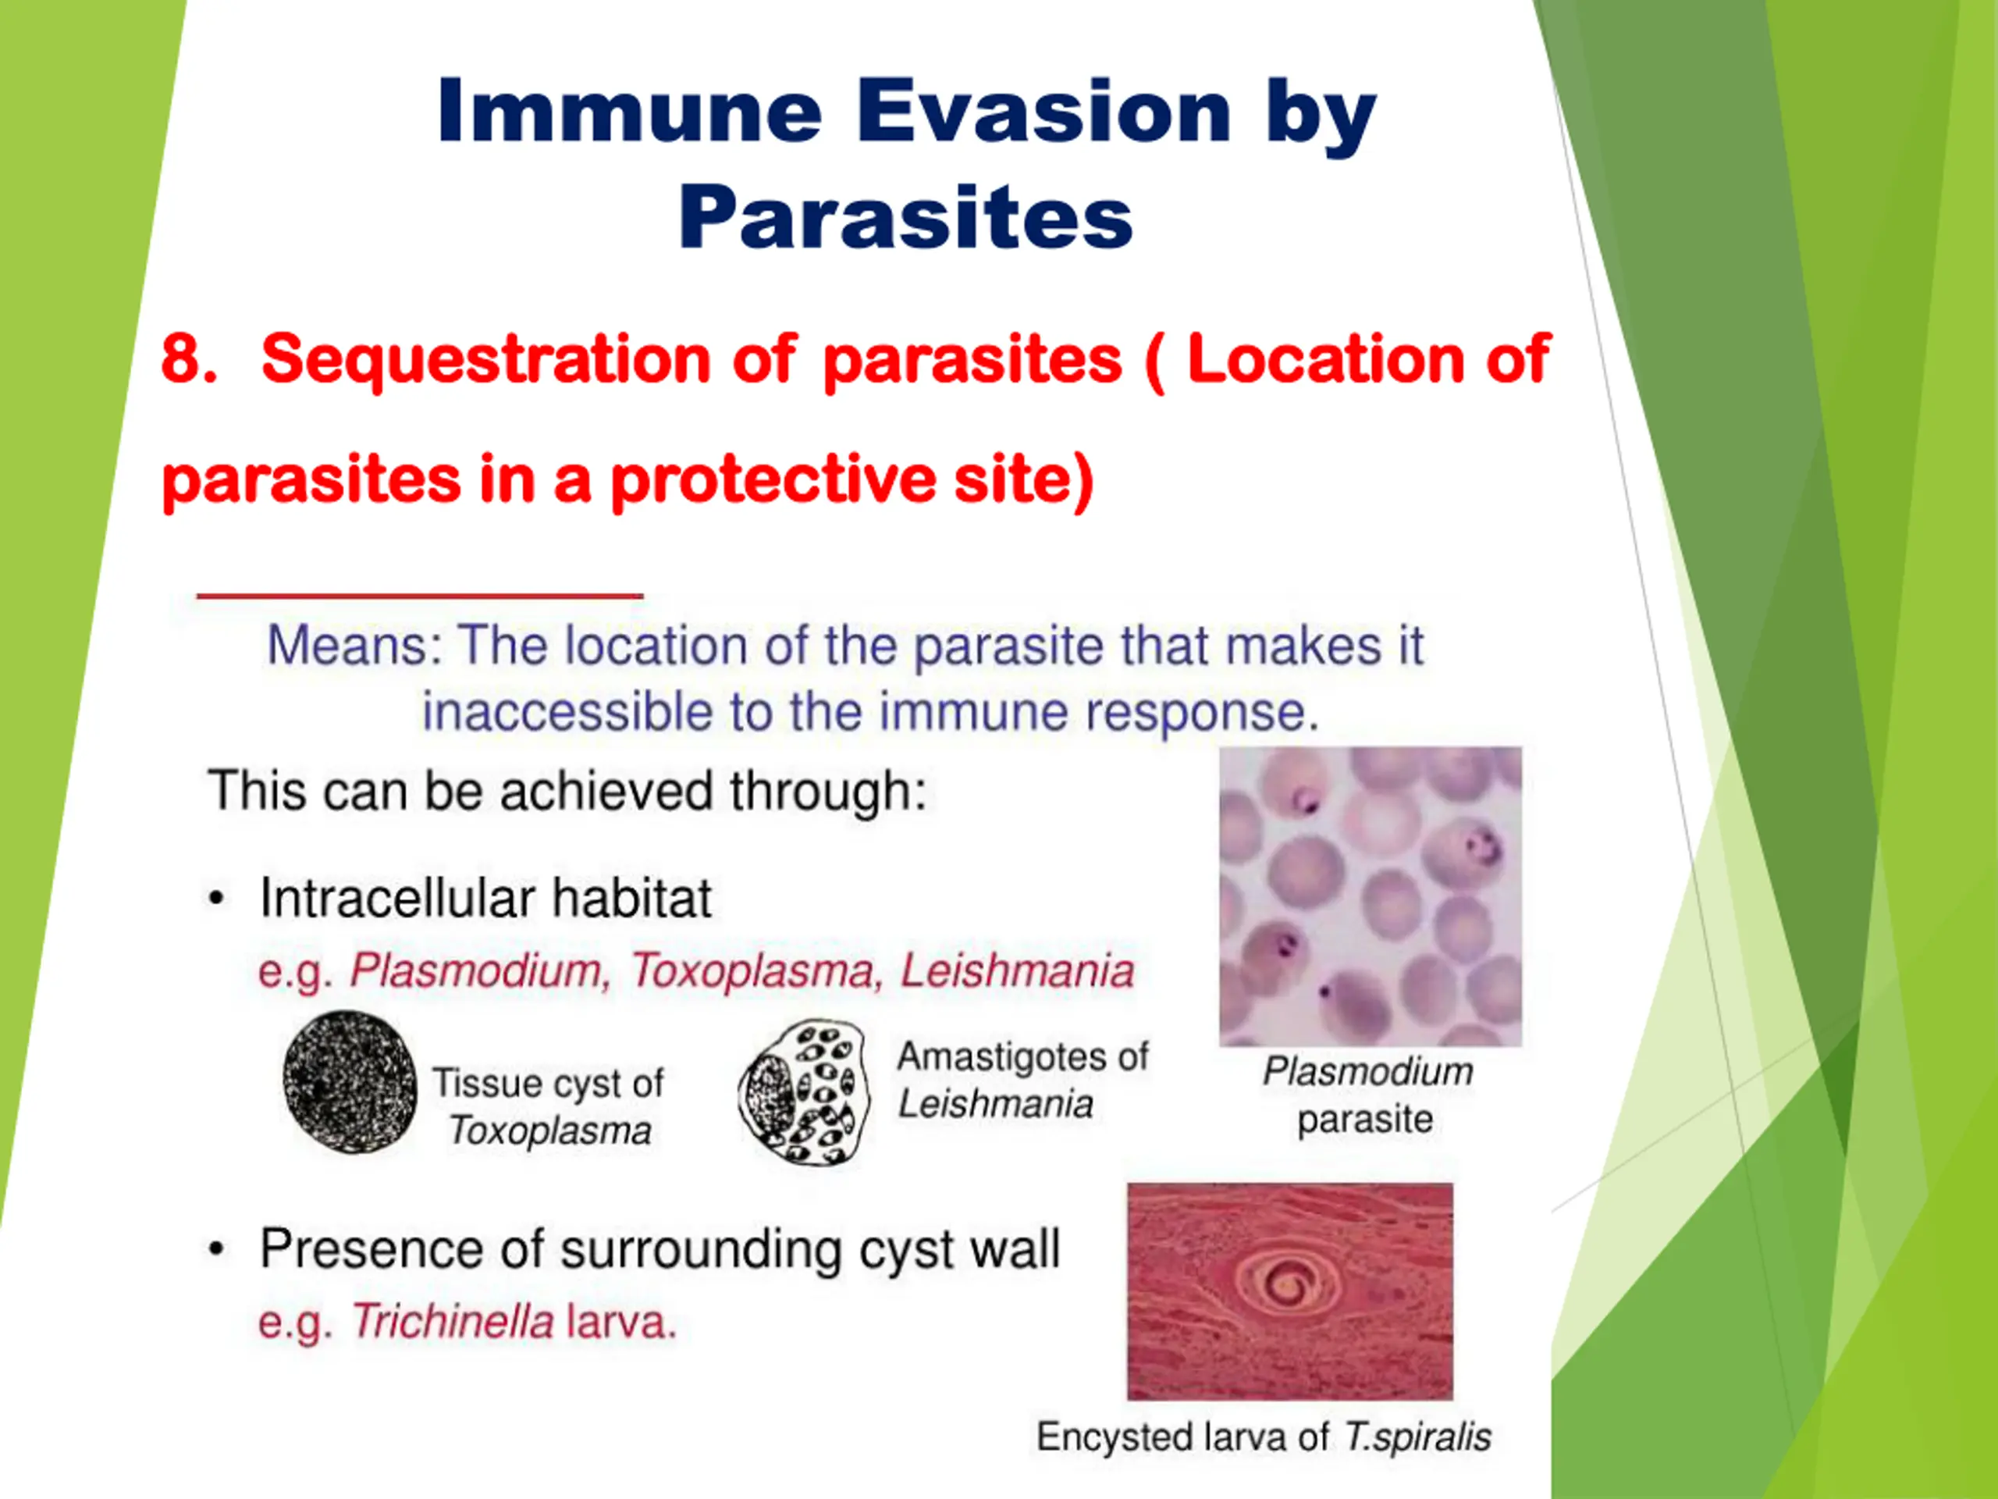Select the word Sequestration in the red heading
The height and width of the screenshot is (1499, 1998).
click(486, 361)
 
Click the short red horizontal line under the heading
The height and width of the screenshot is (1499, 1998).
click(420, 596)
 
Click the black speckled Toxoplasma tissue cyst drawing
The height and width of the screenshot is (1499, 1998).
click(350, 1081)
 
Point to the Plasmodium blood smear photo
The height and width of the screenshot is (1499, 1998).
click(1371, 896)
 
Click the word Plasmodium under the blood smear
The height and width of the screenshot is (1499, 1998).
click(1367, 1073)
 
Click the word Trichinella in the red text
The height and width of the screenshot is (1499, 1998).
click(453, 1322)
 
